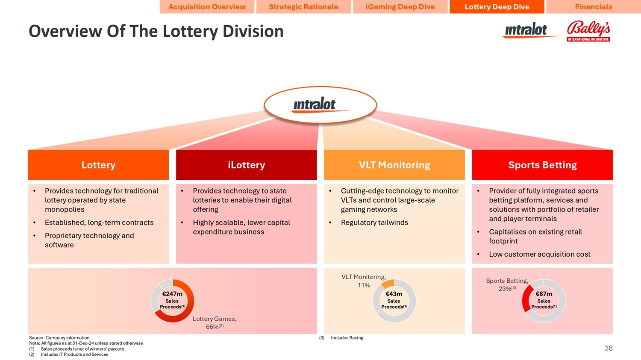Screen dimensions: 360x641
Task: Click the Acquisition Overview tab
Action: click(207, 7)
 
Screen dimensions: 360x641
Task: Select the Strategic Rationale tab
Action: click(303, 7)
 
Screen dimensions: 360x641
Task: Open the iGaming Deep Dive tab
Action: click(400, 7)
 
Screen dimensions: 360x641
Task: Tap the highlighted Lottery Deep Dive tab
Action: click(497, 7)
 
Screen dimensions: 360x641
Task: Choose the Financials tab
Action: click(593, 7)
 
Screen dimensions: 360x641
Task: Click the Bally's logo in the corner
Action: click(588, 31)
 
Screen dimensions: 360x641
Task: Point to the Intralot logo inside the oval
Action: click(315, 105)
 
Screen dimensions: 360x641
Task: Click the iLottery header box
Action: click(246, 165)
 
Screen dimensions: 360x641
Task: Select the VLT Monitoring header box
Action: click(394, 165)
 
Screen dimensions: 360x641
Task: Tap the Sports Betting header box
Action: click(542, 165)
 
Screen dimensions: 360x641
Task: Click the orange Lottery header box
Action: click(98, 165)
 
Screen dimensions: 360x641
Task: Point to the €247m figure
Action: click(172, 294)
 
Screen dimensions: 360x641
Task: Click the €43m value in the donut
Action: click(394, 294)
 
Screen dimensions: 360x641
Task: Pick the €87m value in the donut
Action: click(544, 294)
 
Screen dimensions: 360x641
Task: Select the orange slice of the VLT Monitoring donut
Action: click(388, 283)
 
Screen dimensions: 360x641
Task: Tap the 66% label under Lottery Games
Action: click(212, 327)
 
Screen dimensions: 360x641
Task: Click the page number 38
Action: click(609, 348)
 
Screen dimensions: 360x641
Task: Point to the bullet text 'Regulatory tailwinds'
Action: click(374, 222)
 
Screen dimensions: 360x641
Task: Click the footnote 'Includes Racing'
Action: click(347, 338)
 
